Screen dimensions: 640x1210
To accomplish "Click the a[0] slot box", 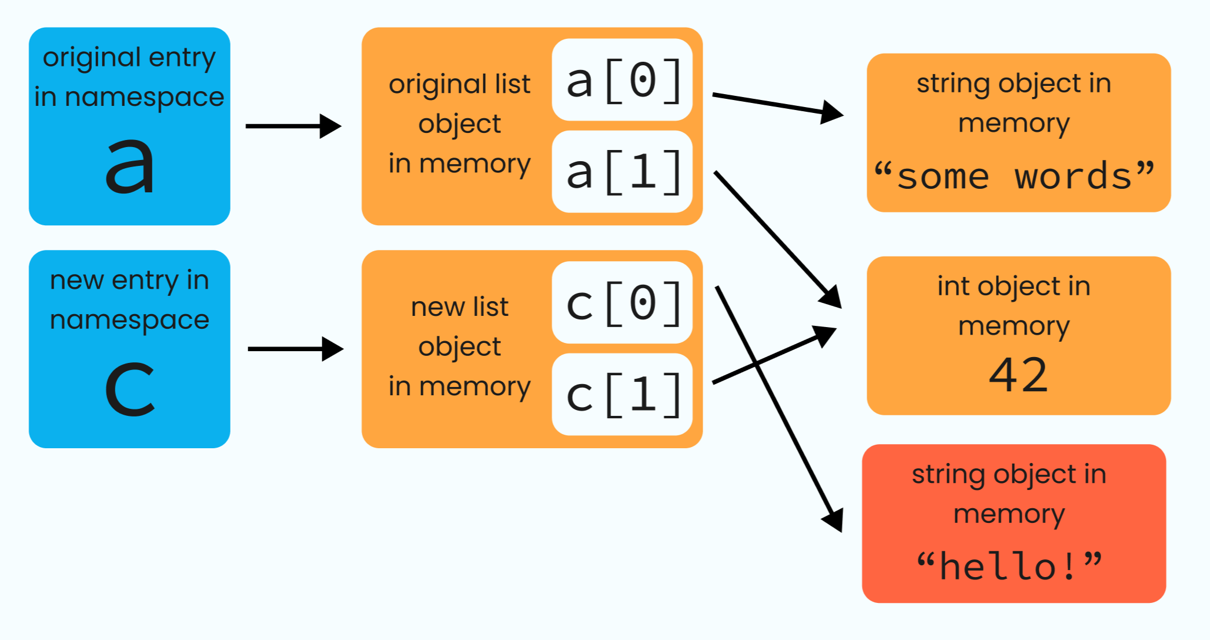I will click(622, 80).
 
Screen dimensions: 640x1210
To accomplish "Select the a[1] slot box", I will click(622, 172).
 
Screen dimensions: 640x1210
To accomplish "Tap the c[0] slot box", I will click(622, 302).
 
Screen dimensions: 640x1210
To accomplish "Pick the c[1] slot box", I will click(622, 394).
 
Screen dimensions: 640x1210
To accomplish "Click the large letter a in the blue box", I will click(129, 166).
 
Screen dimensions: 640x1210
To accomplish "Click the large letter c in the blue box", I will click(129, 388).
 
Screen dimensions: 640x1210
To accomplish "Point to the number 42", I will click(1018, 375).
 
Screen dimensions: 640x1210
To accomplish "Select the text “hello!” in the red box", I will click(1010, 566).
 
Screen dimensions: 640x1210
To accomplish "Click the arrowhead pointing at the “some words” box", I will click(832, 111).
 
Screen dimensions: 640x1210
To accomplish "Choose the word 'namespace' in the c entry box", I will click(129, 321).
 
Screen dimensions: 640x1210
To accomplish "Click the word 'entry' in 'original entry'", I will click(182, 58).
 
